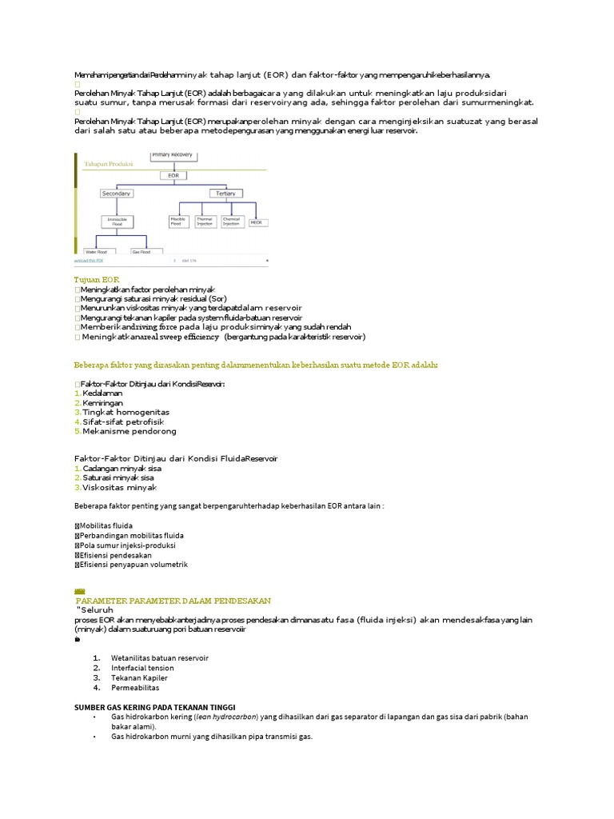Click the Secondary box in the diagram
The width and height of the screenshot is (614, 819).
coord(116,194)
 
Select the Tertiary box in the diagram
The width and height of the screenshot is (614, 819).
coord(223,194)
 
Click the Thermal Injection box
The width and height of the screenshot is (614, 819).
coord(205,221)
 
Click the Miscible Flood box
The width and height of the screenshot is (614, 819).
coord(177,221)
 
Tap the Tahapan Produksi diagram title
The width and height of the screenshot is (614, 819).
coord(109,163)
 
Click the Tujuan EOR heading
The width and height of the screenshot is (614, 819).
coord(96,279)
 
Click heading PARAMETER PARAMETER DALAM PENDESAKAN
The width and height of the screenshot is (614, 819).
coord(173,600)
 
